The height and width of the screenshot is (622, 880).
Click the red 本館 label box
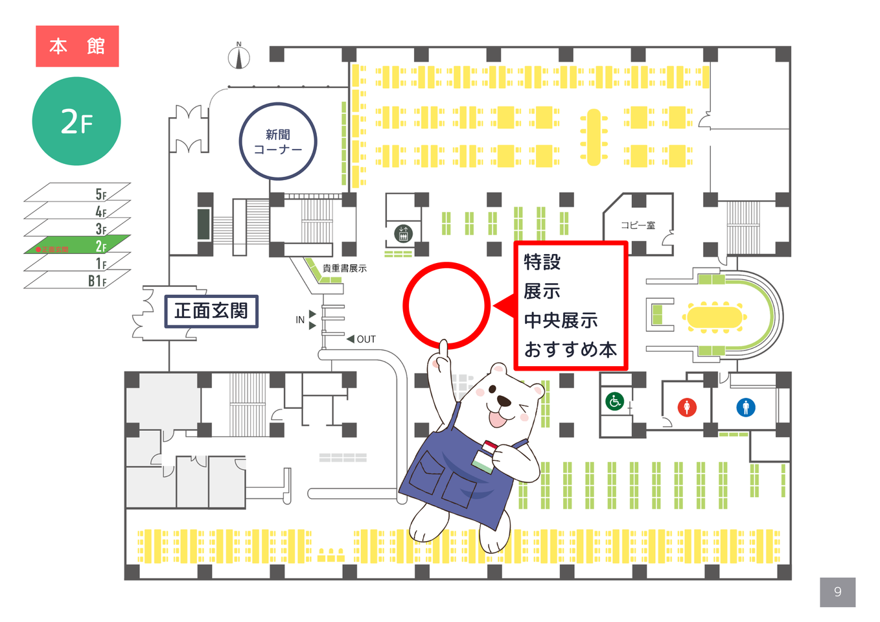77,46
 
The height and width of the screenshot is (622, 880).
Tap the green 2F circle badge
76,121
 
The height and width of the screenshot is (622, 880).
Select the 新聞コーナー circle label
278,141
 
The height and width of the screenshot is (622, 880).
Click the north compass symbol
239,57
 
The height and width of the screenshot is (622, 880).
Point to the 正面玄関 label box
211,311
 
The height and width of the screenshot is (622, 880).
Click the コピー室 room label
638,225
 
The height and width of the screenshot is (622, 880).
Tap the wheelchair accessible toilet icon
614,401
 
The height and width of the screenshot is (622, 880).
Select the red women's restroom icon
687,407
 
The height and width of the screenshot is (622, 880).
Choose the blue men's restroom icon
746,407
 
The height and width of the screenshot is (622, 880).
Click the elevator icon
403,233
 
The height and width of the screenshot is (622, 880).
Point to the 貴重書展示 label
344,268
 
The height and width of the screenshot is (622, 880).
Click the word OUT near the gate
366,340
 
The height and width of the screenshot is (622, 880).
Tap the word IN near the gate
300,320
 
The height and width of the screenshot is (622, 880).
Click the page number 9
837,592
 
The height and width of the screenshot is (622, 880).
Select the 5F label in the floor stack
101,194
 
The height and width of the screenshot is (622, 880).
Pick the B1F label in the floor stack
97,281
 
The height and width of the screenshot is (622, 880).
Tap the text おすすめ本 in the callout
570,350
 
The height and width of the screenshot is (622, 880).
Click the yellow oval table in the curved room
713,317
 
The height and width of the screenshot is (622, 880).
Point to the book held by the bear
485,456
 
